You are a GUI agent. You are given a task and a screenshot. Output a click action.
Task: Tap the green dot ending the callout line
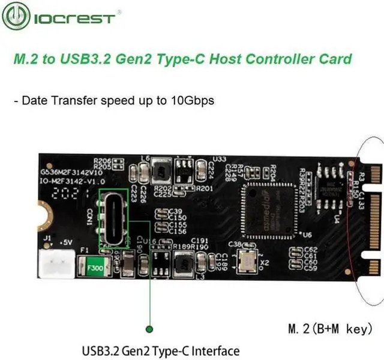tap(149, 328)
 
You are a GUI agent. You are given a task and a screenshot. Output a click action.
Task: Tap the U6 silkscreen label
tap(308, 236)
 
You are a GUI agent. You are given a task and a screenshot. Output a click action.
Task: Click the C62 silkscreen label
tap(311, 249)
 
